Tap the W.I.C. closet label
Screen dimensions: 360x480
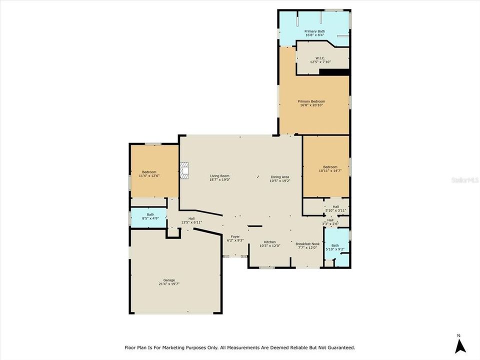[x=321, y=60]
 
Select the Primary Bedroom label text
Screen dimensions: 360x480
[x=313, y=103]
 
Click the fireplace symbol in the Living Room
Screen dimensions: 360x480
[x=185, y=170]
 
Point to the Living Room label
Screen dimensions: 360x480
[x=219, y=177]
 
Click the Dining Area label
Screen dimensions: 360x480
[x=279, y=178]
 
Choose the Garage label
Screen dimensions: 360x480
[x=169, y=282]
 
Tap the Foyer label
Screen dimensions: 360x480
[x=235, y=238]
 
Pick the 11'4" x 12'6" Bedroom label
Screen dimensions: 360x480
[x=149, y=174]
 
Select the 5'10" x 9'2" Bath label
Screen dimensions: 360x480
[x=334, y=247]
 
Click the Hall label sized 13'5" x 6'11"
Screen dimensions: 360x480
[x=191, y=220]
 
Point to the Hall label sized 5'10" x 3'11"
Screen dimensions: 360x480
[x=335, y=208]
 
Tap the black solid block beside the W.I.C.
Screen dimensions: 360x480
[x=333, y=72]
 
